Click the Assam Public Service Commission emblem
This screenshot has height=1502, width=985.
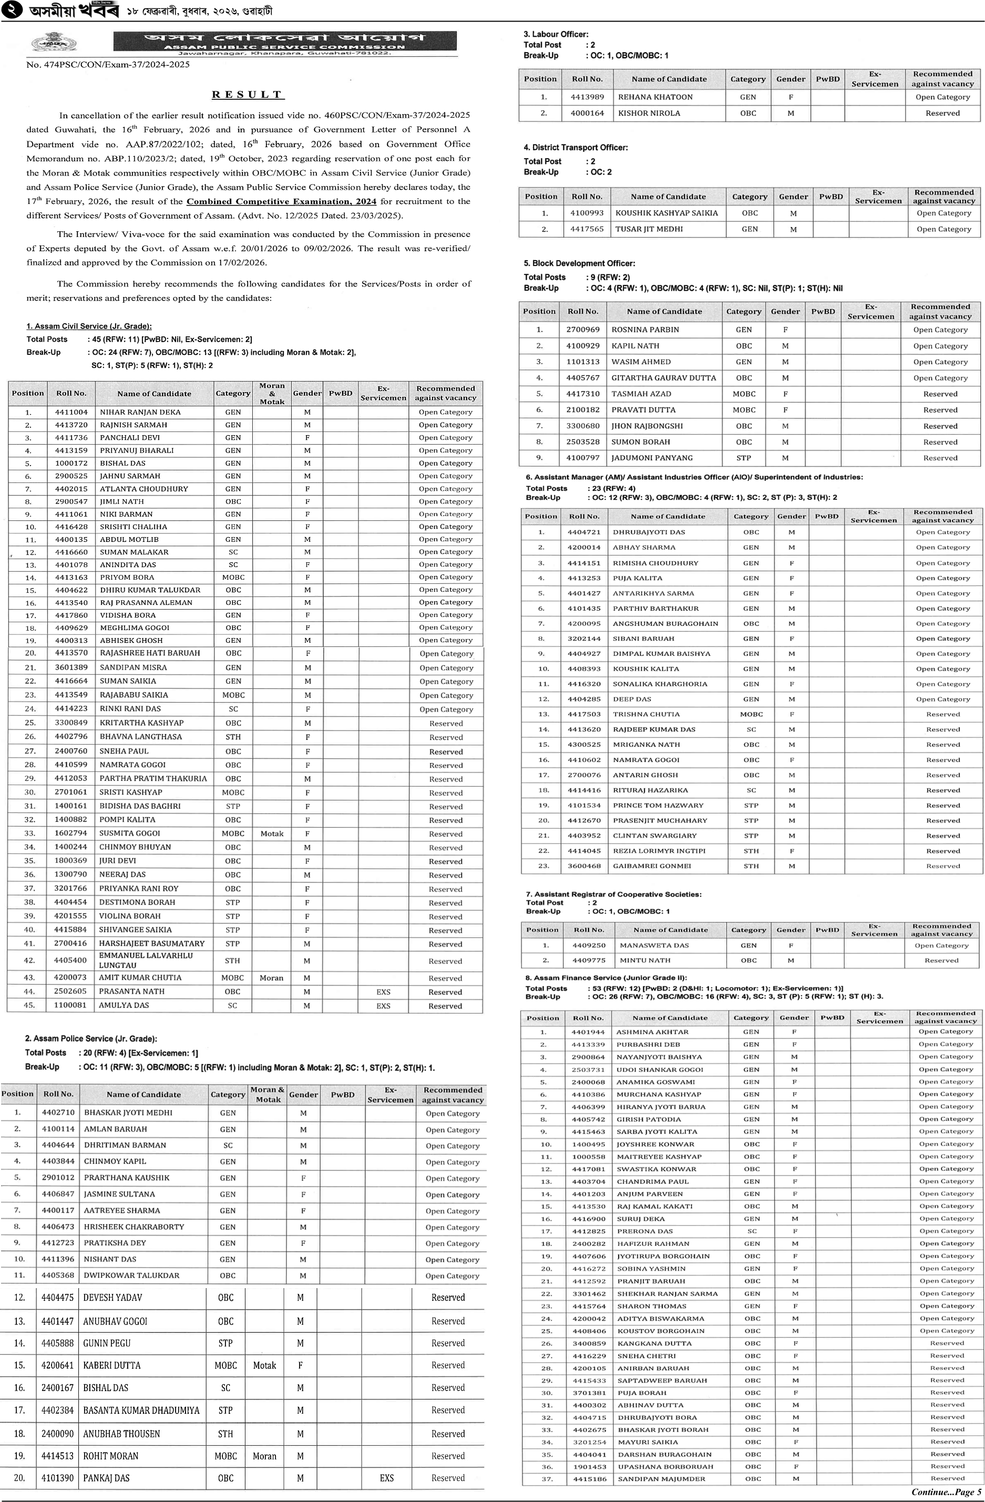[x=54, y=43]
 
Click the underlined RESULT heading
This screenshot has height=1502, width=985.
[x=248, y=95]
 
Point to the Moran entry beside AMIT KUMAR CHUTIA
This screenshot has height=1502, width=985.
[x=271, y=978]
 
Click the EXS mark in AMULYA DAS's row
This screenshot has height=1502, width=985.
[x=383, y=1005]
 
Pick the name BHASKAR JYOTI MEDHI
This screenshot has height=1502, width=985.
[x=128, y=1113]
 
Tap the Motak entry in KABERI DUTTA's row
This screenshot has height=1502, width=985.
[x=264, y=1365]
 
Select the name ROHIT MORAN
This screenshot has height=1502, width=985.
[x=110, y=1456]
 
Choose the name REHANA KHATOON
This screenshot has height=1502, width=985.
[x=655, y=97]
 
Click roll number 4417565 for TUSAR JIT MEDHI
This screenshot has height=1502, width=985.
[x=587, y=229]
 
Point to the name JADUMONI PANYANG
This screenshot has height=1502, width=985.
[x=652, y=458]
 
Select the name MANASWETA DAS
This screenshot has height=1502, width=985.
[x=654, y=945]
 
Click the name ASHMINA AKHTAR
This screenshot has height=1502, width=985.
[x=652, y=1032]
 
